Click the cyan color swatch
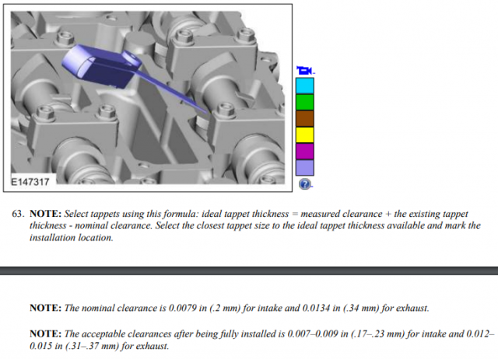click(x=305, y=86)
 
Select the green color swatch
click(x=305, y=102)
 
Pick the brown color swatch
click(x=305, y=119)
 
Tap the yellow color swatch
click(x=305, y=135)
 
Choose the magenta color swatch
click(x=305, y=152)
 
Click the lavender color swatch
click(x=305, y=168)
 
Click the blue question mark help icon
click(x=304, y=184)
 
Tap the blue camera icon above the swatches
click(x=304, y=71)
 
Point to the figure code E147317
click(x=30, y=182)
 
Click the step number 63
click(x=18, y=214)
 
